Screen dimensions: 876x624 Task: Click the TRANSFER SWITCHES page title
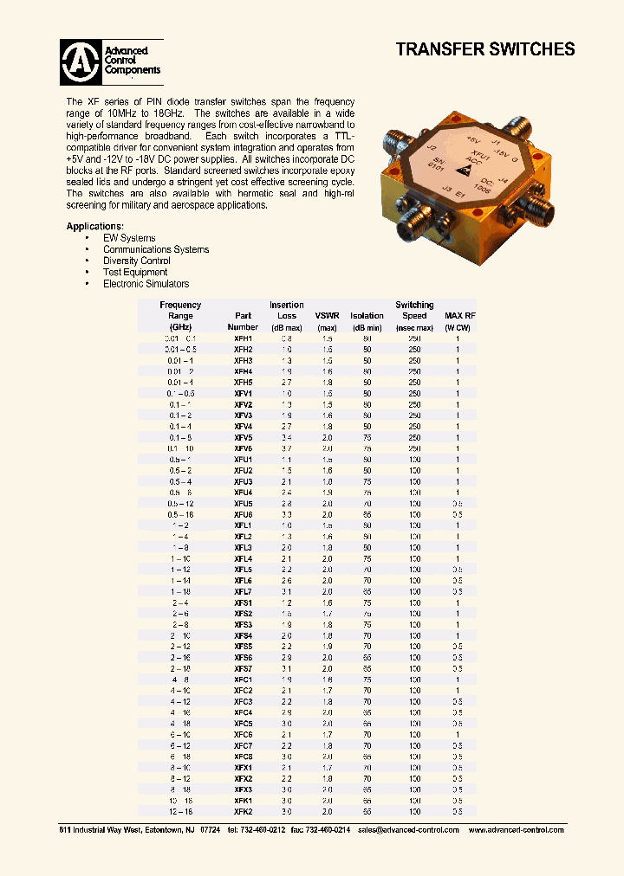tap(485, 49)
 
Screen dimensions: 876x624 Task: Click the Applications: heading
tap(94, 227)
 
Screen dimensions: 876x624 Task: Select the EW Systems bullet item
tap(129, 238)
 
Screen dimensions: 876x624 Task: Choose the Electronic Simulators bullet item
tap(146, 284)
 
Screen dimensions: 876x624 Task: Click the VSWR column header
tap(327, 316)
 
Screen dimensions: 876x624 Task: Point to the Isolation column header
tap(367, 316)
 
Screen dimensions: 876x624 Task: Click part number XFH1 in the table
tap(243, 338)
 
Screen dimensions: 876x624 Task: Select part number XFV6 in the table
tap(243, 448)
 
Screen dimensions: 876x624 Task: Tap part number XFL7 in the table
tap(243, 591)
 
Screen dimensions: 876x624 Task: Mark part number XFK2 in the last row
tap(243, 811)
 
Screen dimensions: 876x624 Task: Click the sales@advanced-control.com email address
tap(408, 830)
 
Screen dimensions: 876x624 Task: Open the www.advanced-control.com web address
tap(516, 830)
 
